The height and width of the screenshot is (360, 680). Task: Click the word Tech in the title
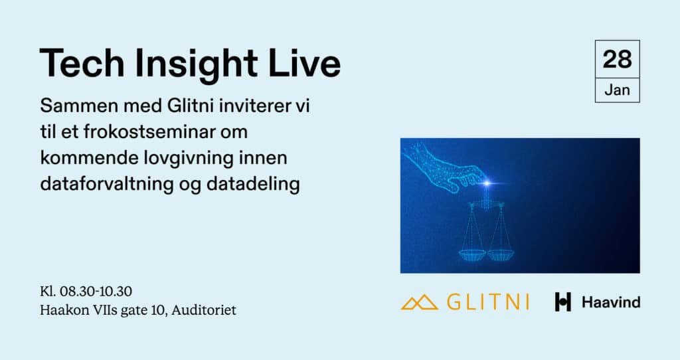click(82, 63)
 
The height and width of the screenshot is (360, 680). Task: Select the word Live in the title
click(304, 63)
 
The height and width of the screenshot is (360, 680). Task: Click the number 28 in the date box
click(617, 59)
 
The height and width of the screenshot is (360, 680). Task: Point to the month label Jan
click(617, 90)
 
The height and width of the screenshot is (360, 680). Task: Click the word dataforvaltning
click(107, 185)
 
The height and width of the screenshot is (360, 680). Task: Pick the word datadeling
click(253, 185)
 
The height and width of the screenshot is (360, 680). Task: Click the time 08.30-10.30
click(96, 291)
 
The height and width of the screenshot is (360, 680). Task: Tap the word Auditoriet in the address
click(204, 310)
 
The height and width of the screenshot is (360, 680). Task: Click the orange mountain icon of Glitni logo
click(419, 302)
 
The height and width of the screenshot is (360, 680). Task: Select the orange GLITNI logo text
click(488, 302)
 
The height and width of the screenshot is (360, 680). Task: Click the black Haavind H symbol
click(562, 302)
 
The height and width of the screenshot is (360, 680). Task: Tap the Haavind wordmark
click(611, 302)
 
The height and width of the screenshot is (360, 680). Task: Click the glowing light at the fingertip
click(487, 183)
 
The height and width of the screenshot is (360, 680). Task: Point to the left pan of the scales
click(472, 254)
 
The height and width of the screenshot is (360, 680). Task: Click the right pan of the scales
click(500, 254)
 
